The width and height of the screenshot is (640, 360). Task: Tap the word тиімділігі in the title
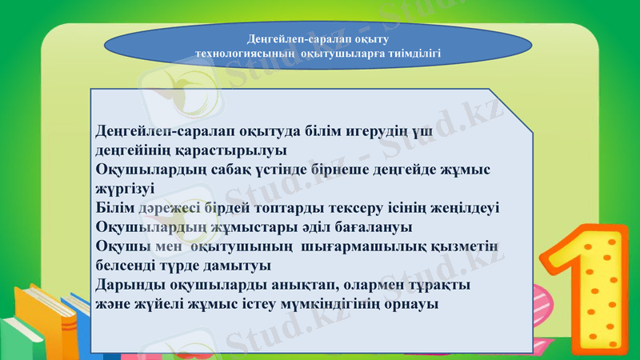click(413, 52)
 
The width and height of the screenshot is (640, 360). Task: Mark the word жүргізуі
click(126, 189)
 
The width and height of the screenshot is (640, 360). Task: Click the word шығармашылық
click(369, 246)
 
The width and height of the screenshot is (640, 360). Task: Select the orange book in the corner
click(44, 316)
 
